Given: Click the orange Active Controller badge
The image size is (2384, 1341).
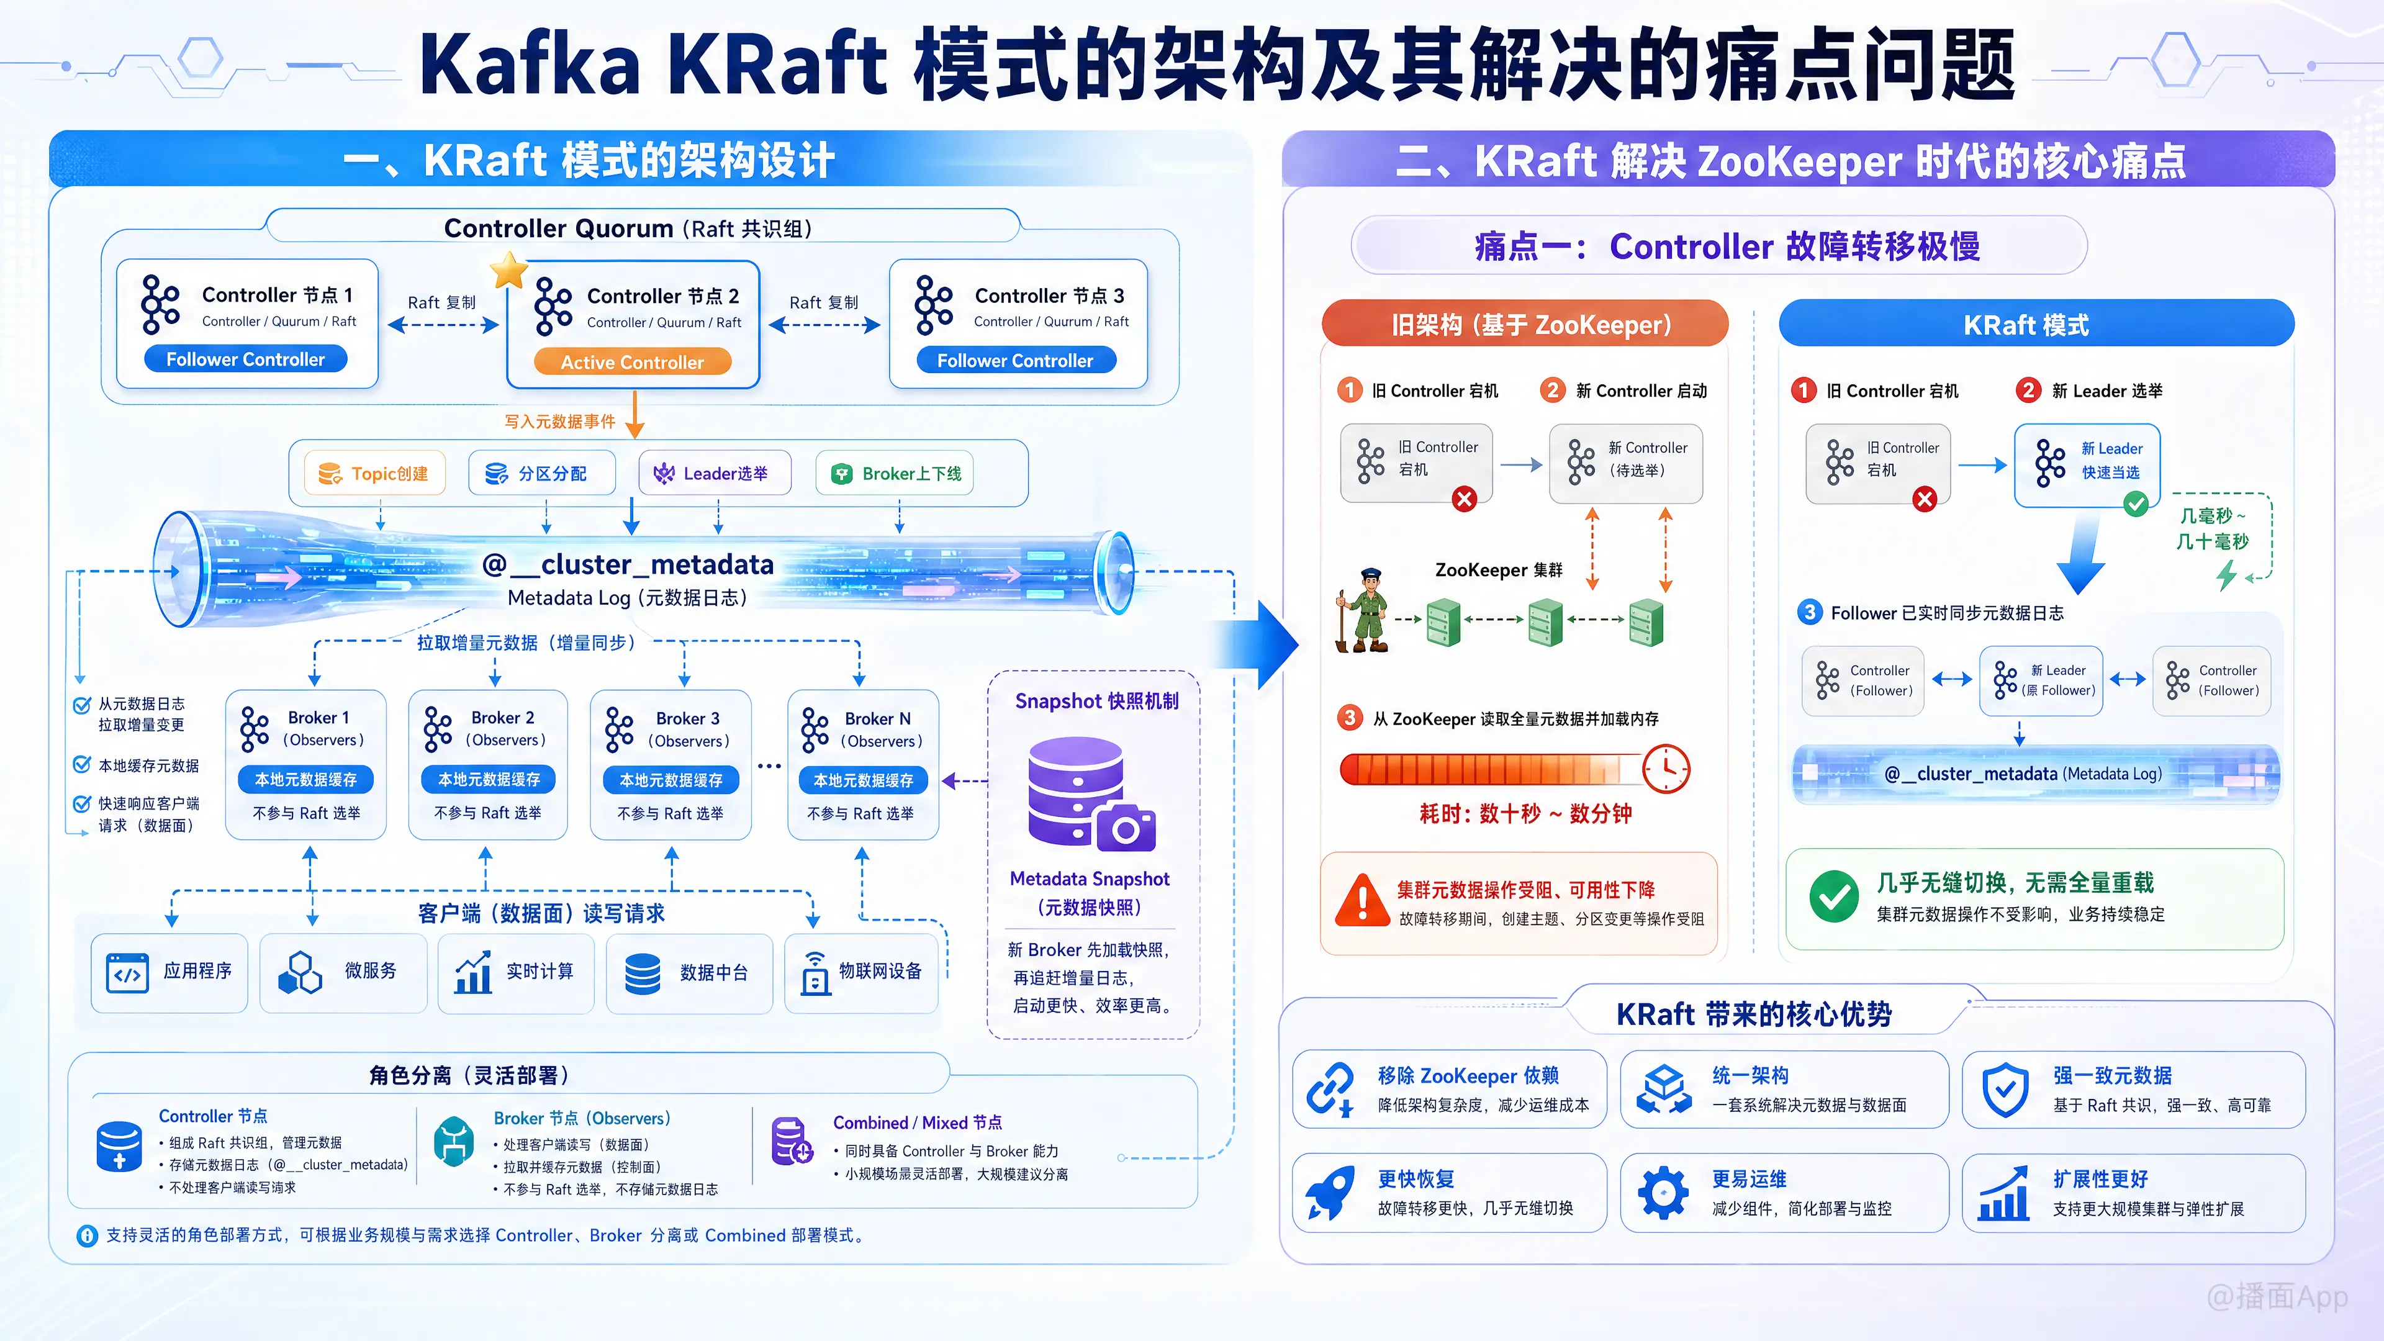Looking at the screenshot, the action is click(x=632, y=362).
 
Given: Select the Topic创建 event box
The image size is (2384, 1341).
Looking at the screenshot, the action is click(x=375, y=474).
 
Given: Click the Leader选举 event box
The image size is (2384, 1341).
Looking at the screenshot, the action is click(x=715, y=474).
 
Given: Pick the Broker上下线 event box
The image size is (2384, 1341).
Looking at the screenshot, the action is click(x=895, y=474).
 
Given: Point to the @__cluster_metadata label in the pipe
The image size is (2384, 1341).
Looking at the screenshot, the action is click(x=628, y=564).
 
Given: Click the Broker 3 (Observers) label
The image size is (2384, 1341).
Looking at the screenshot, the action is click(x=688, y=729).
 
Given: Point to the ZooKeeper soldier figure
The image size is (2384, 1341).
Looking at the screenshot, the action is click(x=1363, y=611).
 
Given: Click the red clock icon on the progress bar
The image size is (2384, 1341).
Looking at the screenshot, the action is click(x=1666, y=768).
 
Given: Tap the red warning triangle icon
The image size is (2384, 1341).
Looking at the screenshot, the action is click(x=1362, y=900).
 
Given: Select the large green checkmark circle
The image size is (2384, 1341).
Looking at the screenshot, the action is click(x=1833, y=896).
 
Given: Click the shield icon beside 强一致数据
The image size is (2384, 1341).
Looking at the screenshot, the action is click(x=2005, y=1090).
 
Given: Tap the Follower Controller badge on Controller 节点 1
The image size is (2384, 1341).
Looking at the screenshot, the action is click(x=245, y=359).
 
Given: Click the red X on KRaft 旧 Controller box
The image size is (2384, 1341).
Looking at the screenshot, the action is click(x=1925, y=500).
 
